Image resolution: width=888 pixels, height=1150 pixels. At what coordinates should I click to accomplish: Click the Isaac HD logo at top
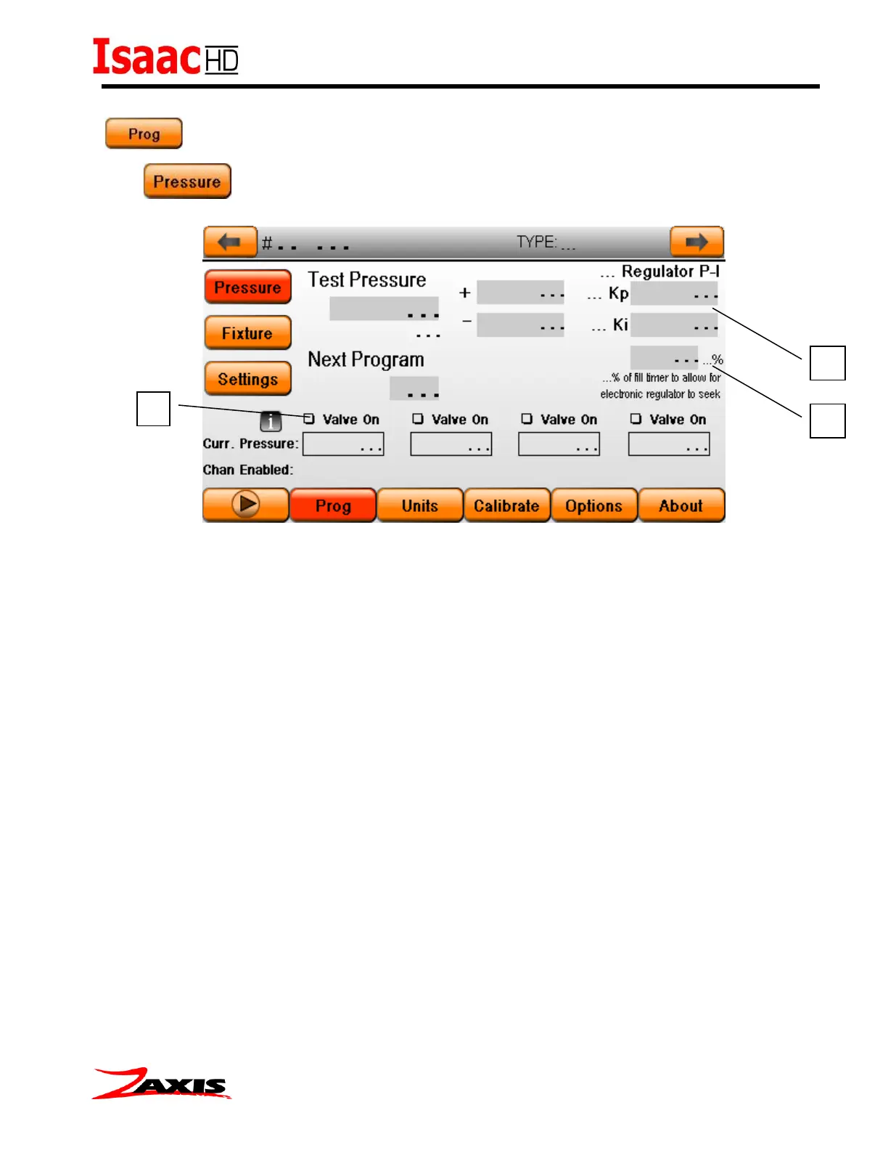coord(165,57)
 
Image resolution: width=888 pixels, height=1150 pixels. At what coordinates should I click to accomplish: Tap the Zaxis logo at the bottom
coord(161,1083)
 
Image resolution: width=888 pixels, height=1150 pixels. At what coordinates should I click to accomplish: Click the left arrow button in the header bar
coord(230,242)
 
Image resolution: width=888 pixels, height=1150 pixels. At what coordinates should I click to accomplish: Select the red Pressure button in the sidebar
coord(247,287)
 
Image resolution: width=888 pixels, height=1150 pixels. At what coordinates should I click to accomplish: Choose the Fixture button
coord(247,333)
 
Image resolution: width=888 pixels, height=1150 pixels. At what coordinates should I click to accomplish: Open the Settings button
coord(247,378)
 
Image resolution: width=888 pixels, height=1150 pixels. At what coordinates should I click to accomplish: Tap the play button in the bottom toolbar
coord(246,504)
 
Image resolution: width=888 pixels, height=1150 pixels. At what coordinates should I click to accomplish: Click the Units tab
coord(420,505)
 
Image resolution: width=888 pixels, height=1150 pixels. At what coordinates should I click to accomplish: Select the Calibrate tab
coord(506,505)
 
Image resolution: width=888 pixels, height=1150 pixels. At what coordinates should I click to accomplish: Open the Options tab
coord(593,505)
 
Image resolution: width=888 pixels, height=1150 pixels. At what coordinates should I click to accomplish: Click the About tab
coord(681,505)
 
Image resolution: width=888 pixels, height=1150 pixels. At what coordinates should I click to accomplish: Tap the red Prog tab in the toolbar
coord(333,505)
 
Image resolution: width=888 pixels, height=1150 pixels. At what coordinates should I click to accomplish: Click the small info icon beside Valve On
coord(271,421)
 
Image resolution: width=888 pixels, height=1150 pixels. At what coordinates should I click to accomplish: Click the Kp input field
coord(674,293)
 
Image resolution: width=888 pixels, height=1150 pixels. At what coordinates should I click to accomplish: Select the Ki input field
coord(674,325)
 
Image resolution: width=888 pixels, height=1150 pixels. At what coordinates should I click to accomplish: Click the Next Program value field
coord(414,388)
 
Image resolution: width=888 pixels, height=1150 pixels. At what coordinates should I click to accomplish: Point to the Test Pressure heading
coord(366,280)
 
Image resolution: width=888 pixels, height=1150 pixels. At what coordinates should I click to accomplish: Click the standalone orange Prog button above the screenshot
coord(144,134)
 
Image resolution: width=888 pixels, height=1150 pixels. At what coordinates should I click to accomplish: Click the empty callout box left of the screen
coord(153,409)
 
